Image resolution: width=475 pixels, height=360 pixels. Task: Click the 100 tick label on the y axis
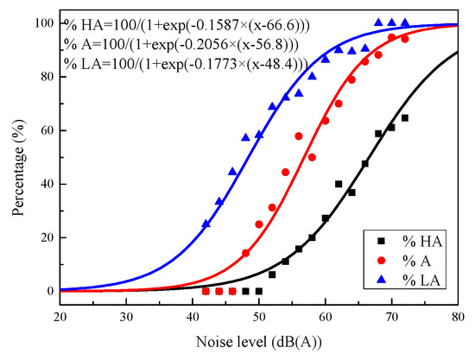tap(39, 23)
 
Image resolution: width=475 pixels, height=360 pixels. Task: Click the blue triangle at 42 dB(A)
tap(206, 224)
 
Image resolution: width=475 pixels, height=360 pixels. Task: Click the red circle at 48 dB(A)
tap(245, 253)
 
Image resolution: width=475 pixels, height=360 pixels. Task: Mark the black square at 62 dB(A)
tap(339, 184)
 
